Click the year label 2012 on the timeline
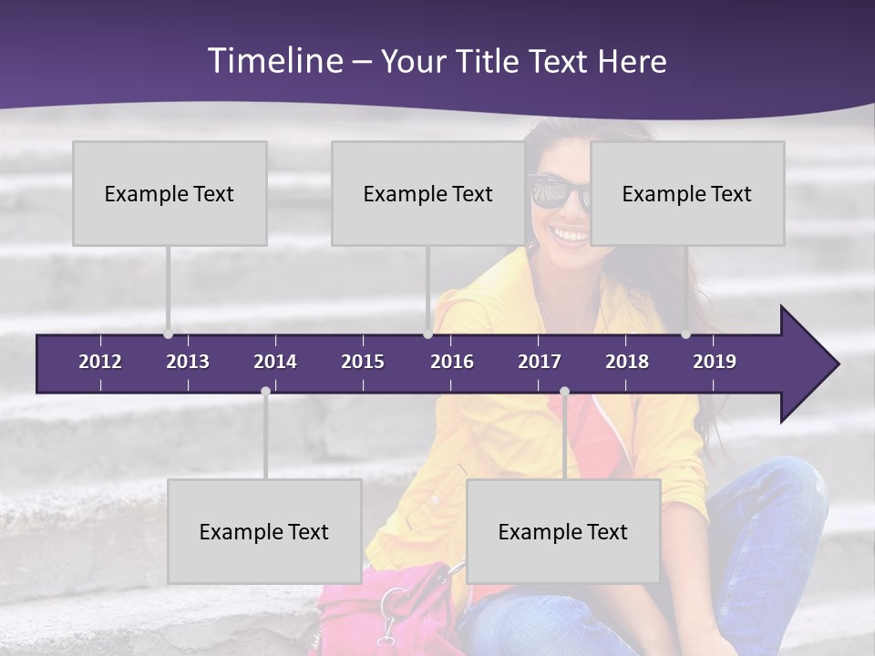click(x=100, y=362)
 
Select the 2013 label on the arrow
click(x=188, y=362)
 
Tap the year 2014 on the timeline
click(x=275, y=362)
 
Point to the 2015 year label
click(x=363, y=362)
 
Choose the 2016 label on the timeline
click(x=452, y=362)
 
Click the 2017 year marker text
click(x=540, y=362)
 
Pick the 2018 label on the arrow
click(x=627, y=362)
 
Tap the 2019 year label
click(x=715, y=362)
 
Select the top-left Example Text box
click(x=170, y=193)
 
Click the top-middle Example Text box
click(x=428, y=193)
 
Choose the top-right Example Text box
click(x=687, y=193)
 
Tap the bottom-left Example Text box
click(x=264, y=531)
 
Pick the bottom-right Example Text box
click(x=563, y=531)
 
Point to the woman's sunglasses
click(x=559, y=192)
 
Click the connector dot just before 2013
click(x=169, y=334)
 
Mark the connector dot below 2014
click(x=265, y=392)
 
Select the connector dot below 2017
click(x=564, y=392)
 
